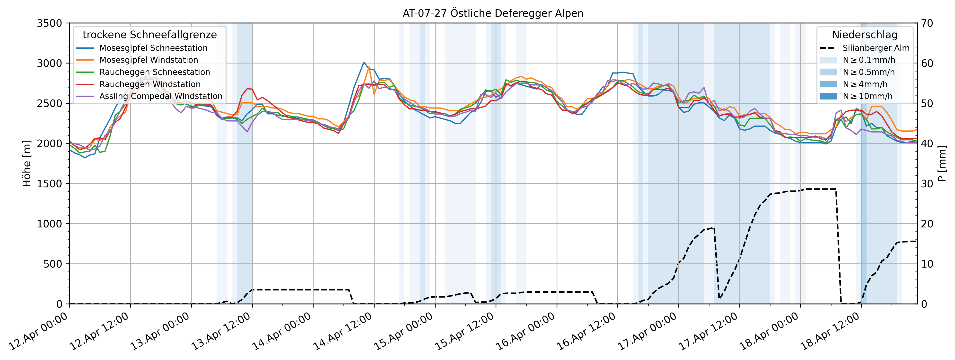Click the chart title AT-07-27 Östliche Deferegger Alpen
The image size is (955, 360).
(x=493, y=13)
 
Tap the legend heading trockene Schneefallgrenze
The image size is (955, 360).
(x=149, y=35)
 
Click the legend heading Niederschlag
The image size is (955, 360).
(x=865, y=35)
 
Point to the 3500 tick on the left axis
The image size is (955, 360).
(x=49, y=23)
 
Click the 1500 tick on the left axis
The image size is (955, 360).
(x=49, y=184)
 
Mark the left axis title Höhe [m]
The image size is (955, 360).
(x=27, y=163)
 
